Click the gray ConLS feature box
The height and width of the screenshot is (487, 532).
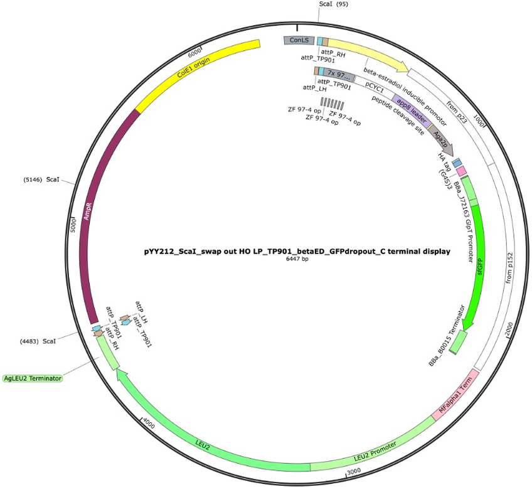[299, 40]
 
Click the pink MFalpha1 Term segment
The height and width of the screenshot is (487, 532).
[455, 396]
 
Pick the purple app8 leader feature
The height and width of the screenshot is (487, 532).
[412, 111]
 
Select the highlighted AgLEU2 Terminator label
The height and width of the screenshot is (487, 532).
[33, 378]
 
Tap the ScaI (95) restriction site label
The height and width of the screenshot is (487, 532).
[333, 4]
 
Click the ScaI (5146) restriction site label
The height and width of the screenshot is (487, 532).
[41, 179]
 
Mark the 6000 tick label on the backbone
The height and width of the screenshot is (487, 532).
[194, 53]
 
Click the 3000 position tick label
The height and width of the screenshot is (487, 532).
[354, 471]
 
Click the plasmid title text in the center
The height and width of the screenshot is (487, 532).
[297, 252]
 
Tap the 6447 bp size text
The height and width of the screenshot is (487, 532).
[297, 259]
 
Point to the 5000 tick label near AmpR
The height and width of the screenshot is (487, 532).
[73, 225]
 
